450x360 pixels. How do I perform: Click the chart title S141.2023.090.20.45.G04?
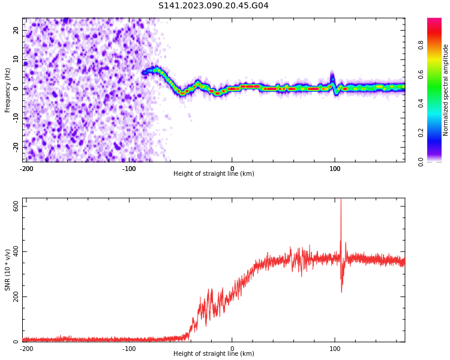click(x=213, y=6)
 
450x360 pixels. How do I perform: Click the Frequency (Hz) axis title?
click(x=8, y=89)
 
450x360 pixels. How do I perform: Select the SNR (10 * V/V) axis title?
click(x=8, y=270)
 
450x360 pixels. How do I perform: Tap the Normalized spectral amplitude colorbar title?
click(x=446, y=89)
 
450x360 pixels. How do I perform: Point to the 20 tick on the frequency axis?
click(x=16, y=30)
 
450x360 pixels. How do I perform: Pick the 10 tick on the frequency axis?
click(x=16, y=59)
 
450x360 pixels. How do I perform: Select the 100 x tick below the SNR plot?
click(x=335, y=349)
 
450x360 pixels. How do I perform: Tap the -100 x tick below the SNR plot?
click(x=129, y=349)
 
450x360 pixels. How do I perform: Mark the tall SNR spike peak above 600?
click(x=341, y=200)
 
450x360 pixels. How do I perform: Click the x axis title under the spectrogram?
click(x=214, y=174)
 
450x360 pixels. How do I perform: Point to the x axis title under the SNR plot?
click(x=214, y=354)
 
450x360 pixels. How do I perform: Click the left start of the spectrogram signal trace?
click(x=143, y=72)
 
